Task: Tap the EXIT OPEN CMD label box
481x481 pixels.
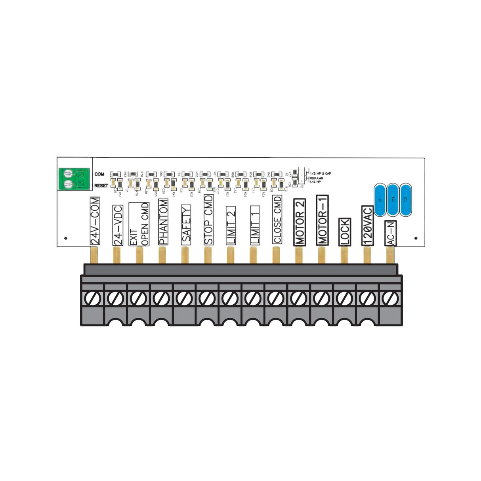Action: pyautogui.click(x=139, y=224)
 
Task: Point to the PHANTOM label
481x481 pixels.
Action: pyautogui.click(x=163, y=221)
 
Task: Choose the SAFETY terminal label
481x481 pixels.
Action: pyautogui.click(x=186, y=224)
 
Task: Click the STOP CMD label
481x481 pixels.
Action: pyautogui.click(x=208, y=220)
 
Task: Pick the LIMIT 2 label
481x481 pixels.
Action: pyautogui.click(x=231, y=225)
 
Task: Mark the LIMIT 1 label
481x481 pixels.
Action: pyautogui.click(x=255, y=225)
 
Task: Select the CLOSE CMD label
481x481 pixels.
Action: pyautogui.click(x=277, y=220)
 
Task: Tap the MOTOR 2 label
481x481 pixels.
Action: pyautogui.click(x=300, y=222)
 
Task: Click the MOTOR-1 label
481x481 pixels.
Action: pyautogui.click(x=322, y=220)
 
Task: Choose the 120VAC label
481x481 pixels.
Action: pyautogui.click(x=367, y=225)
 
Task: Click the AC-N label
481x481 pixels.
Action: pyautogui.click(x=391, y=234)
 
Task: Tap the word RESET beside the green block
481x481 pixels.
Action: pyautogui.click(x=101, y=185)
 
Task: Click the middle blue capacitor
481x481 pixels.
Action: pyautogui.click(x=393, y=200)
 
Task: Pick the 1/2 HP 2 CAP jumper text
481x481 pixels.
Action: pyautogui.click(x=321, y=174)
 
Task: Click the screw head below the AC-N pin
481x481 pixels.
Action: pyautogui.click(x=391, y=298)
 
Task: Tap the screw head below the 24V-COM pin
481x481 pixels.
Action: pyautogui.click(x=93, y=298)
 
